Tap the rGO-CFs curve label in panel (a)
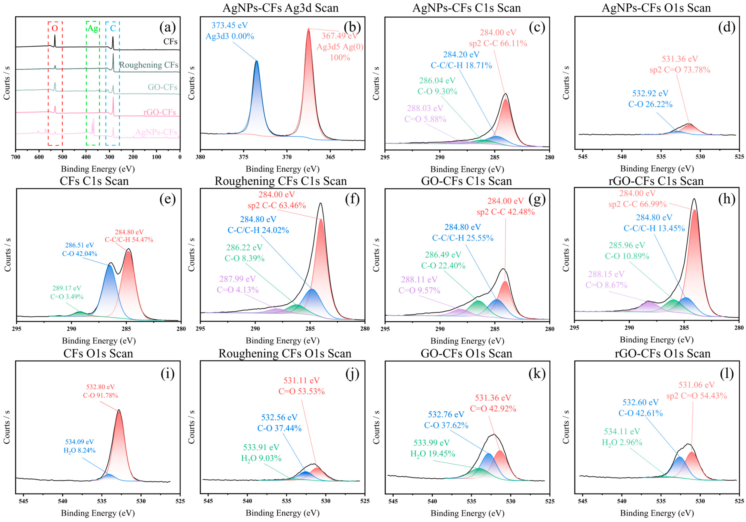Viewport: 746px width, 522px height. (159, 112)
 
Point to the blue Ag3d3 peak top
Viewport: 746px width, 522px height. (257, 61)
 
